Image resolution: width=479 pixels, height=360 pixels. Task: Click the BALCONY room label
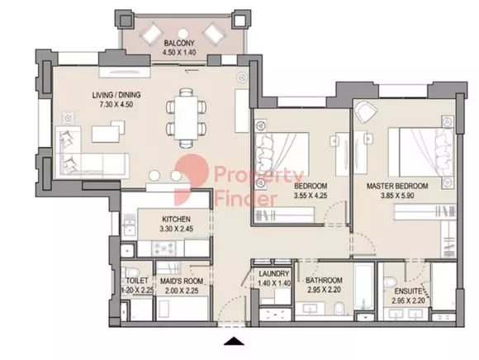click(179, 43)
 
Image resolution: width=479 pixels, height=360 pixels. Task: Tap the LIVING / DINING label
click(116, 95)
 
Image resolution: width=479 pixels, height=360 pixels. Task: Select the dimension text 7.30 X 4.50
click(116, 104)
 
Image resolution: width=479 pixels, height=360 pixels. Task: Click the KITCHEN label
click(176, 219)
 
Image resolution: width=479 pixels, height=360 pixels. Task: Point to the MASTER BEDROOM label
click(397, 186)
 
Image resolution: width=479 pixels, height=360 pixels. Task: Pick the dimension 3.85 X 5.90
click(397, 196)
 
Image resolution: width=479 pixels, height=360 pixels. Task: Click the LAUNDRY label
click(274, 273)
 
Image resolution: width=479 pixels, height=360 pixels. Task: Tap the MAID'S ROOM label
click(182, 281)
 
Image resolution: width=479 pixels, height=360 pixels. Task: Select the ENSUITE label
click(408, 291)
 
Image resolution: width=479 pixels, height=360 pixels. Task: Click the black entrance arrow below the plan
click(234, 341)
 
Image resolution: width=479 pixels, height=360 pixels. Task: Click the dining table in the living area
click(186, 118)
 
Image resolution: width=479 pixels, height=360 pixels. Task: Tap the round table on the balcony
click(183, 33)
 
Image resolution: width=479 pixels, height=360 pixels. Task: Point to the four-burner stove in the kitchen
click(164, 248)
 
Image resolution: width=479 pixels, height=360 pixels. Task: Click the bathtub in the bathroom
click(363, 287)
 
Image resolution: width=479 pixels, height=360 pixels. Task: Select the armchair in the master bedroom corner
click(365, 111)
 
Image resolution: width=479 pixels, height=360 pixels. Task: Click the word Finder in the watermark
click(245, 199)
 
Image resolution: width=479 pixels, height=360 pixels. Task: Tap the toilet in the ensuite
click(389, 282)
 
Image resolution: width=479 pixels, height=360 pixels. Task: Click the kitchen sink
click(129, 226)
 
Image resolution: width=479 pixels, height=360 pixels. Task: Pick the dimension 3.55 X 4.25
click(311, 196)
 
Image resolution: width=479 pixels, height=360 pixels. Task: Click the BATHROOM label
click(324, 280)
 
